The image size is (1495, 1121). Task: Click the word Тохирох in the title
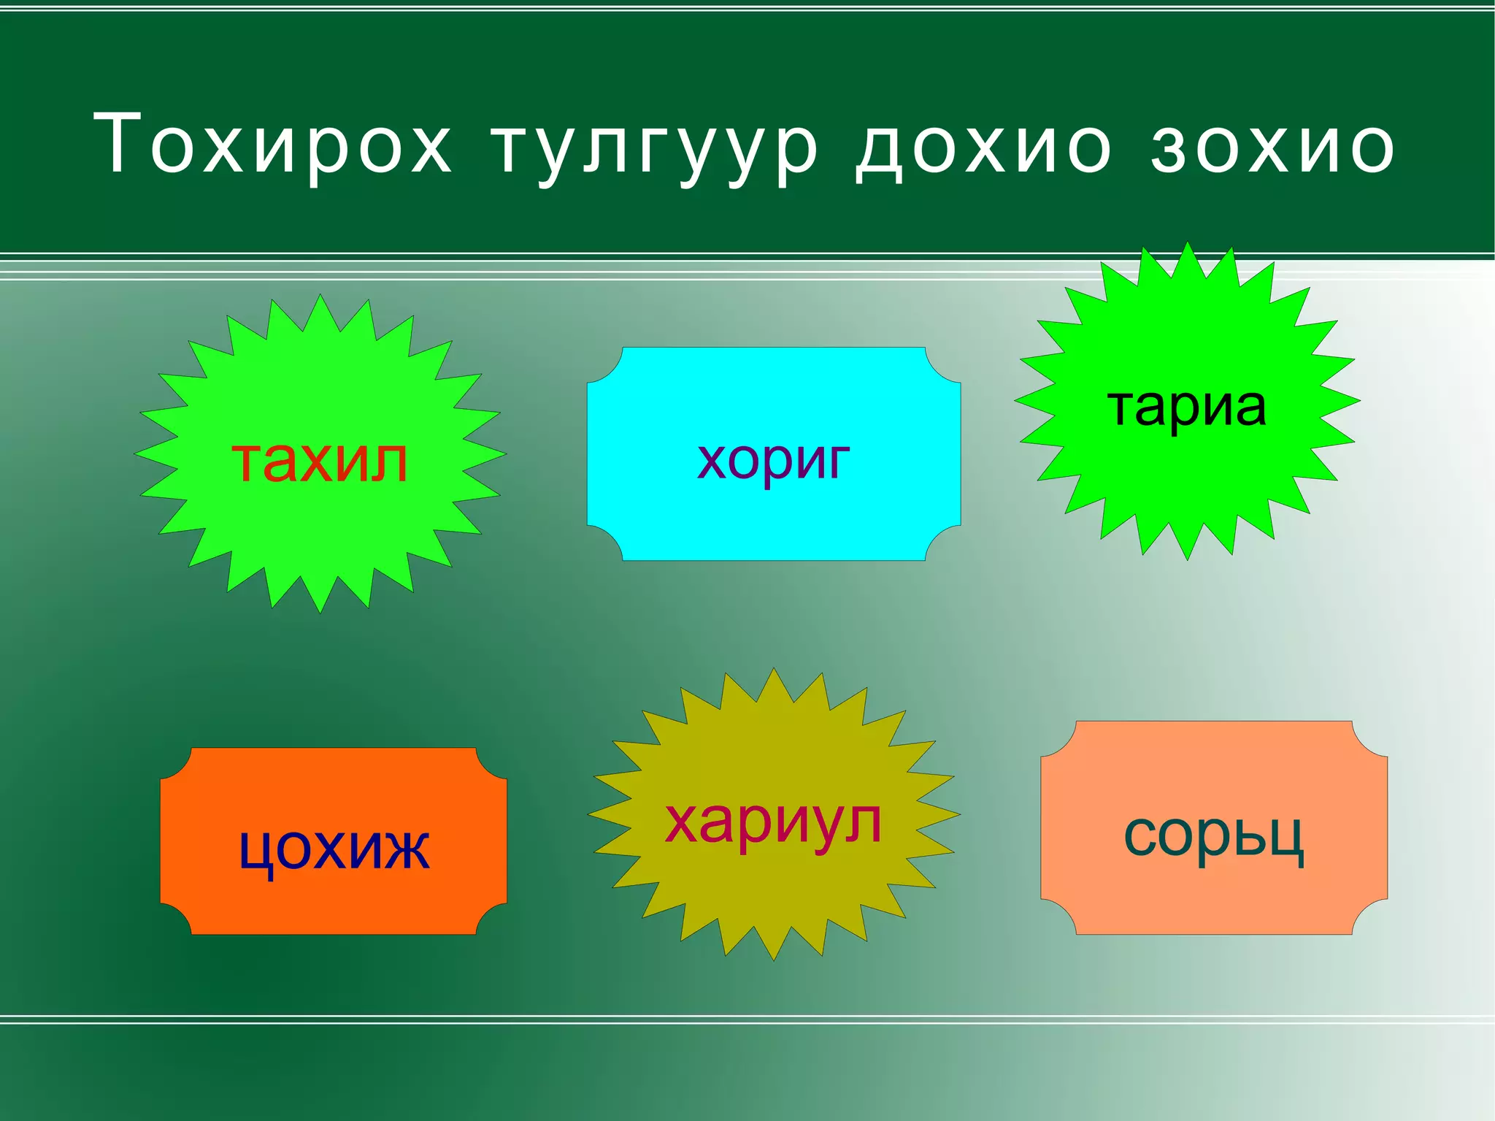pyautogui.click(x=273, y=145)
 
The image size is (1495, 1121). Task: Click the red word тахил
pyautogui.click(x=320, y=462)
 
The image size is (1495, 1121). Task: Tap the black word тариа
pyautogui.click(x=1187, y=406)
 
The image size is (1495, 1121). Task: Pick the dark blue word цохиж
pyautogui.click(x=334, y=849)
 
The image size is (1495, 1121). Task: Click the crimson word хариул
pyautogui.click(x=774, y=822)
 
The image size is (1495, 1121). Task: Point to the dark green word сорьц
pyautogui.click(x=1213, y=835)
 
